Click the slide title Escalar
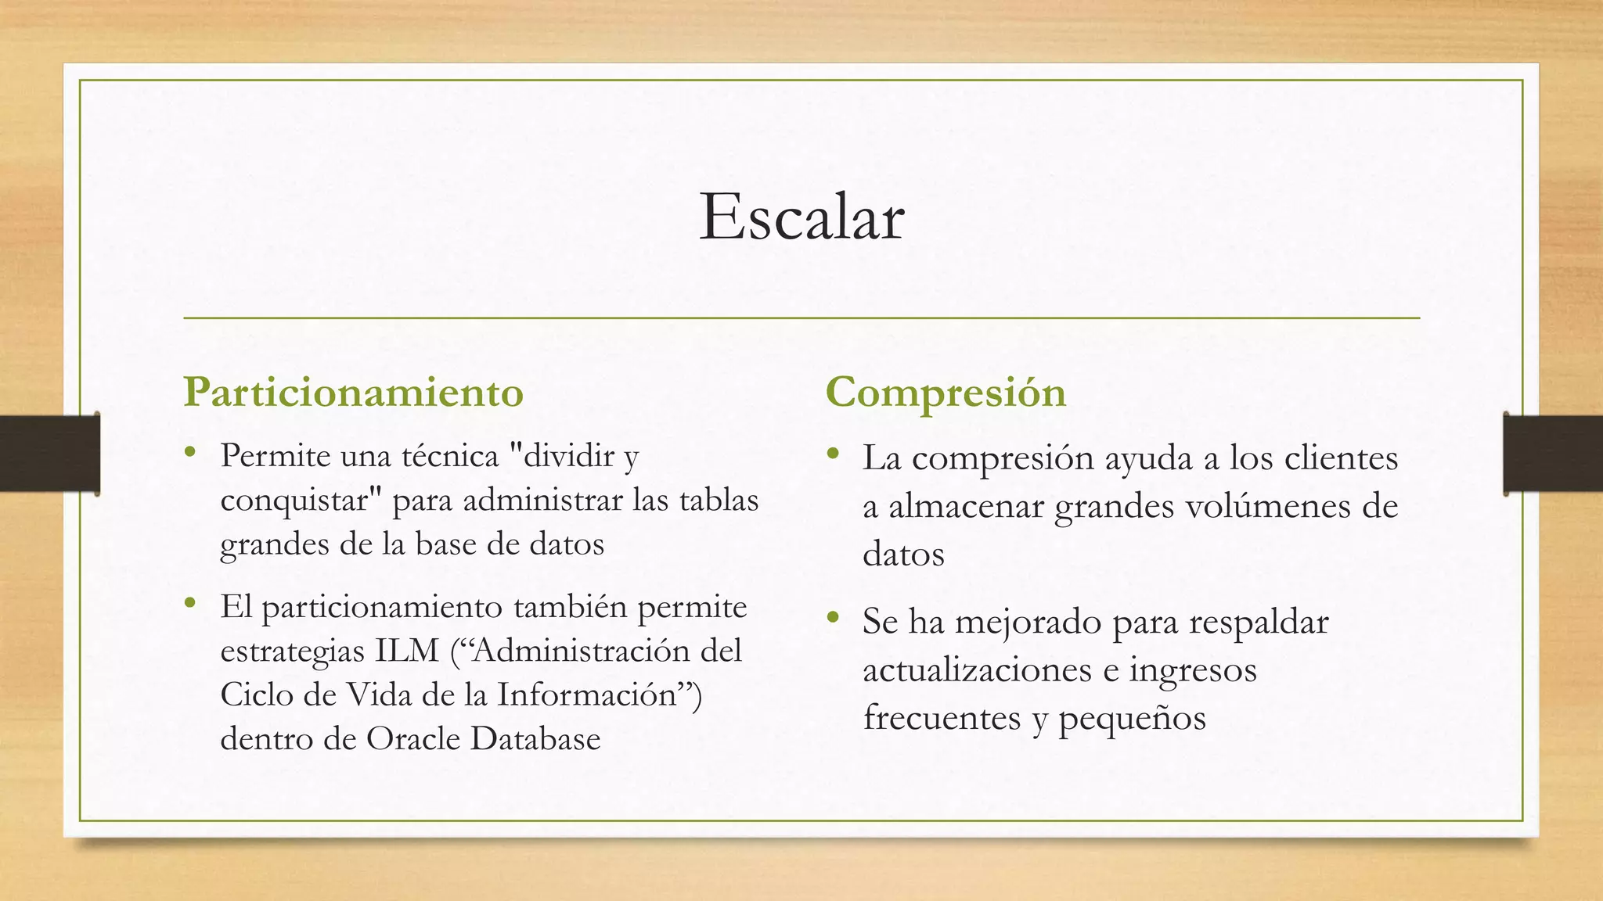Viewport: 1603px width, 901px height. coord(801,217)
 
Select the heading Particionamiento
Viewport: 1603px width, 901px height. coord(353,392)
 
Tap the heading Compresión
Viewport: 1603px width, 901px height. coord(946,392)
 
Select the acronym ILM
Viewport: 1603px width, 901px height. coord(407,651)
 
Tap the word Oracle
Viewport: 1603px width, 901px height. coord(413,738)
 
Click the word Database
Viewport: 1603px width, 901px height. coord(535,738)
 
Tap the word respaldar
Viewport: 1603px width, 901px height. coord(1258,622)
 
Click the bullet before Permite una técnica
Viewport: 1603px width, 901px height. coord(189,452)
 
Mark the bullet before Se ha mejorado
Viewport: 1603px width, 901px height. coord(833,618)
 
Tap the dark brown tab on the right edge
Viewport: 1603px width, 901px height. coord(1553,454)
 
